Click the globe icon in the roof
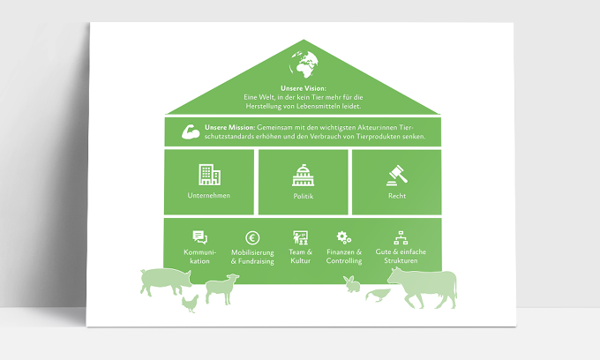pos(304,64)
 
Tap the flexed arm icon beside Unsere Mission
pos(191,131)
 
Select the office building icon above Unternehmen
pos(209,175)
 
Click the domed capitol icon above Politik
pos(303,176)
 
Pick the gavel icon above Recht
pos(397,176)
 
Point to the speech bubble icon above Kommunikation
pos(199,237)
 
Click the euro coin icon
pos(252,238)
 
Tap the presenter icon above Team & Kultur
pos(300,237)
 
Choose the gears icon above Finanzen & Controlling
pos(343,237)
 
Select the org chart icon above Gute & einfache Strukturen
pos(401,237)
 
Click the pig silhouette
pos(166,281)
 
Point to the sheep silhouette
pos(222,289)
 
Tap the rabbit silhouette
pos(352,284)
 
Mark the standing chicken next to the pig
pos(191,304)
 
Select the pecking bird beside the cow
pos(378,296)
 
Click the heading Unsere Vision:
pos(304,88)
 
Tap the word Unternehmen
pos(209,196)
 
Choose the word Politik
pos(303,196)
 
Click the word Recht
pos(397,196)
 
